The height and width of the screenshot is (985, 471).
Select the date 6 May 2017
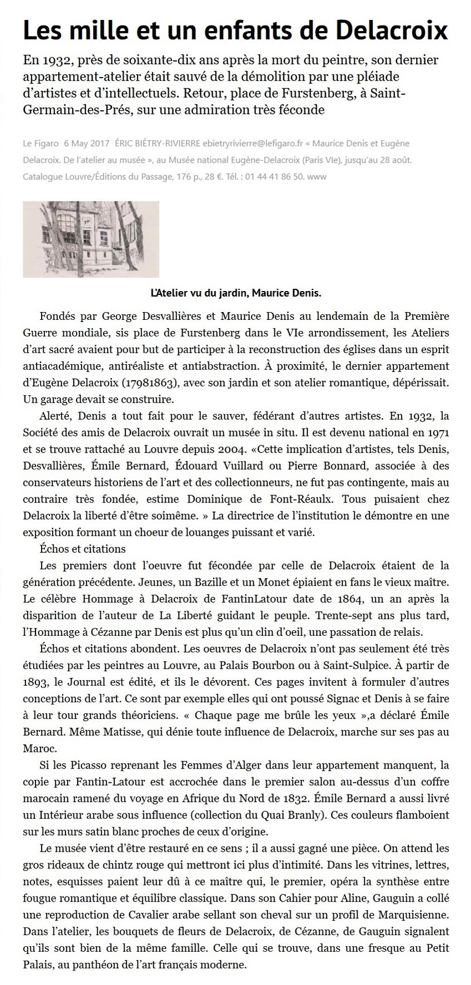click(x=86, y=143)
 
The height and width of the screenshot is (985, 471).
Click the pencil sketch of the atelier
click(x=91, y=239)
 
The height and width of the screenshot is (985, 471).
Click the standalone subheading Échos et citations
click(x=83, y=549)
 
